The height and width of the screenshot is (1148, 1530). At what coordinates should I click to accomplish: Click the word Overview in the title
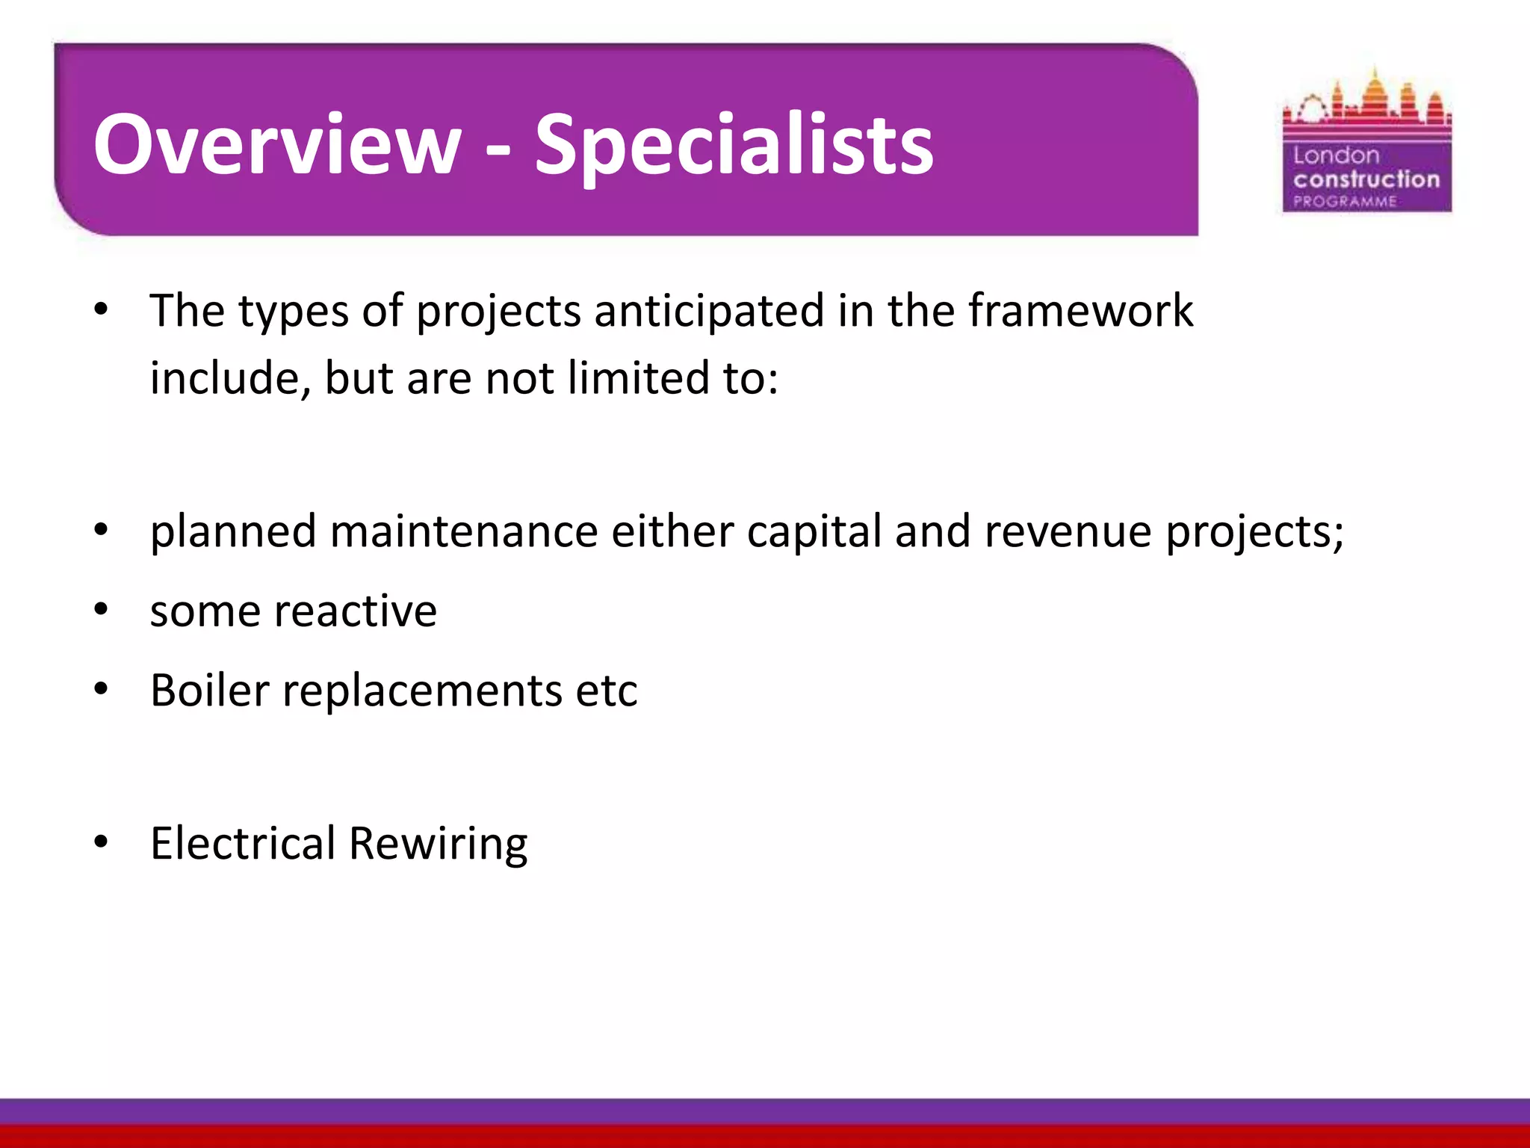coord(277,143)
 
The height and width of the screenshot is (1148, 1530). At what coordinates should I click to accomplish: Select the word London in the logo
coord(1336,155)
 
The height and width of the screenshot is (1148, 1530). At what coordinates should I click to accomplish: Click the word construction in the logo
coord(1366,179)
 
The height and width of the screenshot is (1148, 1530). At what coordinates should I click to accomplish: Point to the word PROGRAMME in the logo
coord(1345,201)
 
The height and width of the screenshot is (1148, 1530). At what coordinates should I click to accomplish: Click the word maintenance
coord(464,531)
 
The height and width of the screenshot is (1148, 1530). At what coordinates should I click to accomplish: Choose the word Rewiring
coord(438,845)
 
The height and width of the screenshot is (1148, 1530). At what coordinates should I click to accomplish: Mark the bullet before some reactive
coord(102,610)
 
